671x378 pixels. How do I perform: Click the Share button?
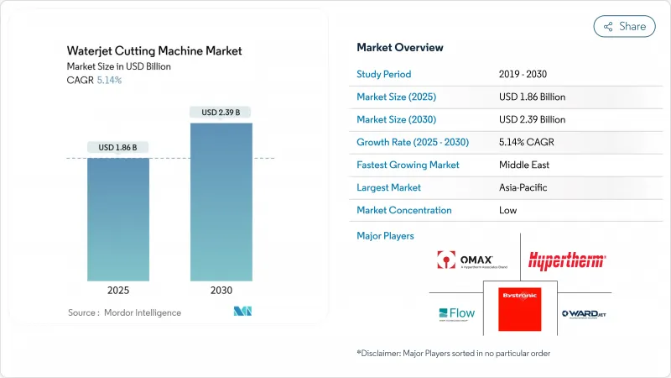625,26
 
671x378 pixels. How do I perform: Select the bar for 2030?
221,202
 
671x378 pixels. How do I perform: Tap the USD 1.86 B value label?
118,148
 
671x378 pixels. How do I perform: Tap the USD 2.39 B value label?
221,113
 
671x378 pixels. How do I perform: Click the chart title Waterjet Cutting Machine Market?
154,50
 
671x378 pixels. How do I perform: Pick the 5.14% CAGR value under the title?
109,81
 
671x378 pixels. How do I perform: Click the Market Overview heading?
400,47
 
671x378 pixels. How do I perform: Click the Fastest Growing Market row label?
408,165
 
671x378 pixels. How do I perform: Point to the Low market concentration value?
507,210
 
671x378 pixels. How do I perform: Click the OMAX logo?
465,261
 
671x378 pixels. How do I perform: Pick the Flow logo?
456,313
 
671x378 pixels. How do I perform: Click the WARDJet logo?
585,313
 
